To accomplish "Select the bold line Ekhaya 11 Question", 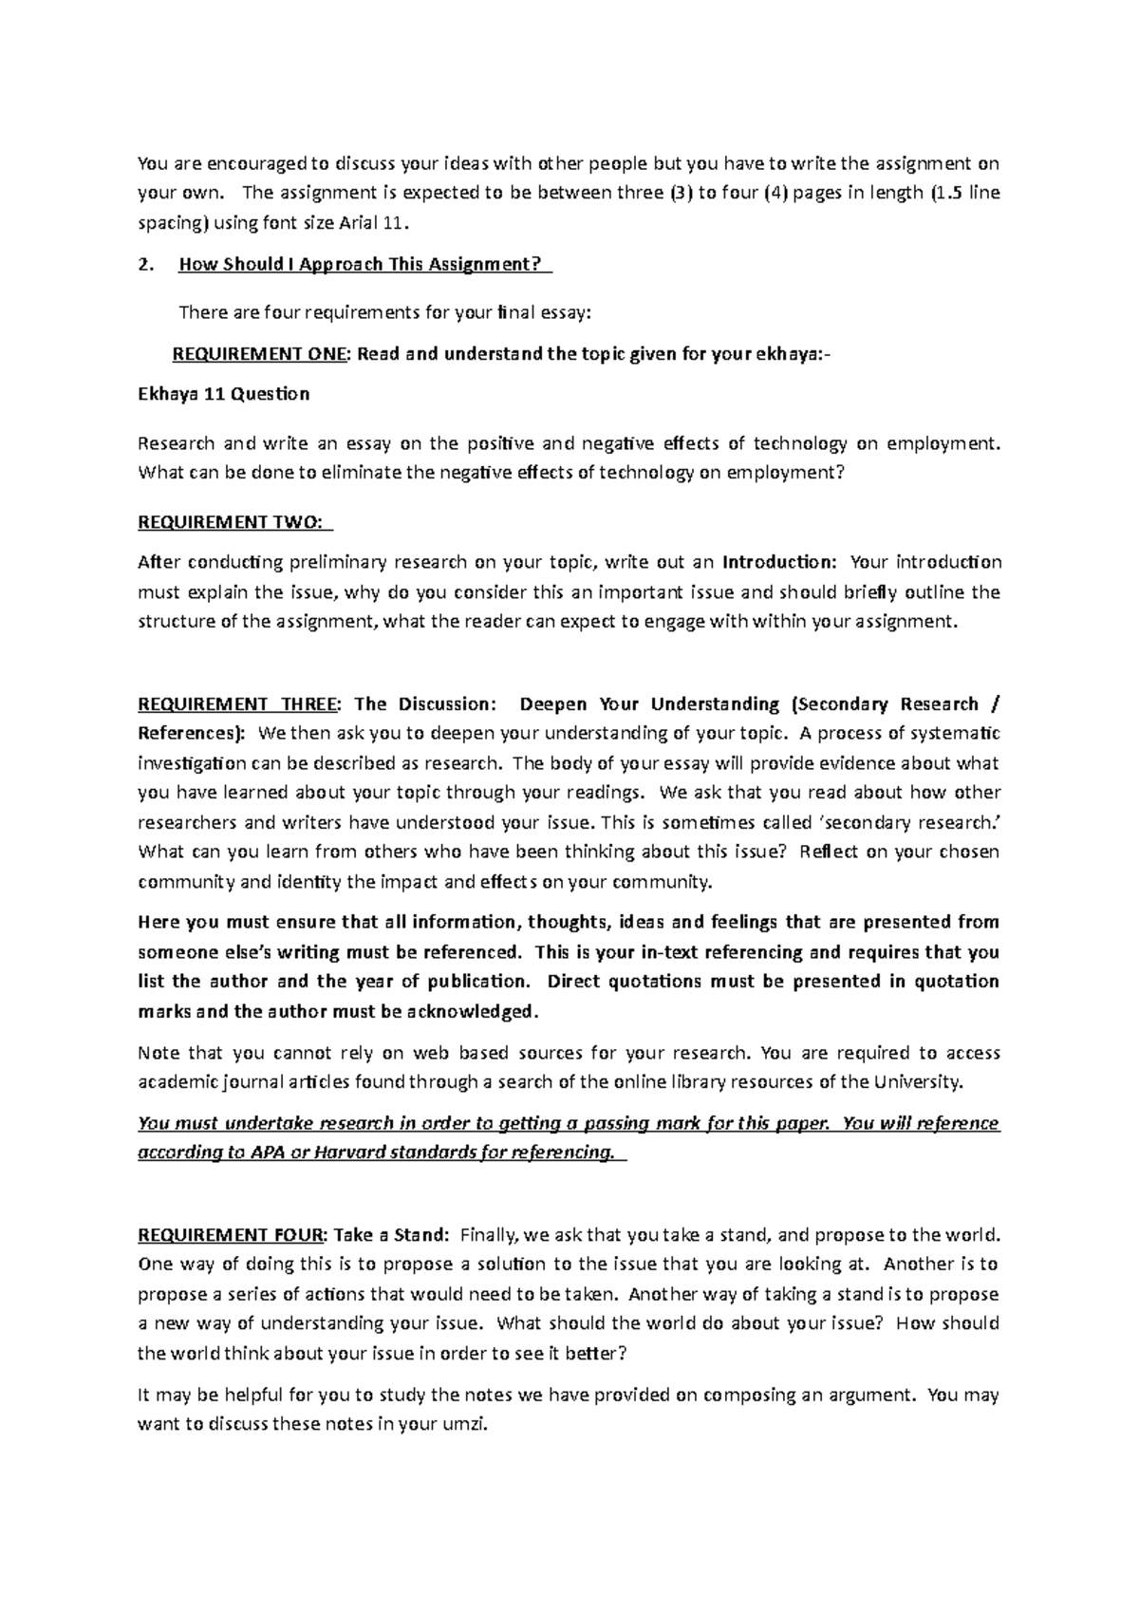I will (x=223, y=393).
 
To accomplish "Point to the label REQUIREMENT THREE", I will (x=236, y=704).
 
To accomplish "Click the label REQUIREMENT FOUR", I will (x=231, y=1235).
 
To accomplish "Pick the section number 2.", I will (x=144, y=265).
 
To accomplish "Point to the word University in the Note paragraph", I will (x=916, y=1082).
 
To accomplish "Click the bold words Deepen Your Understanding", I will (x=649, y=704).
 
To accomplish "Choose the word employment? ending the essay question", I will (x=784, y=473).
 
